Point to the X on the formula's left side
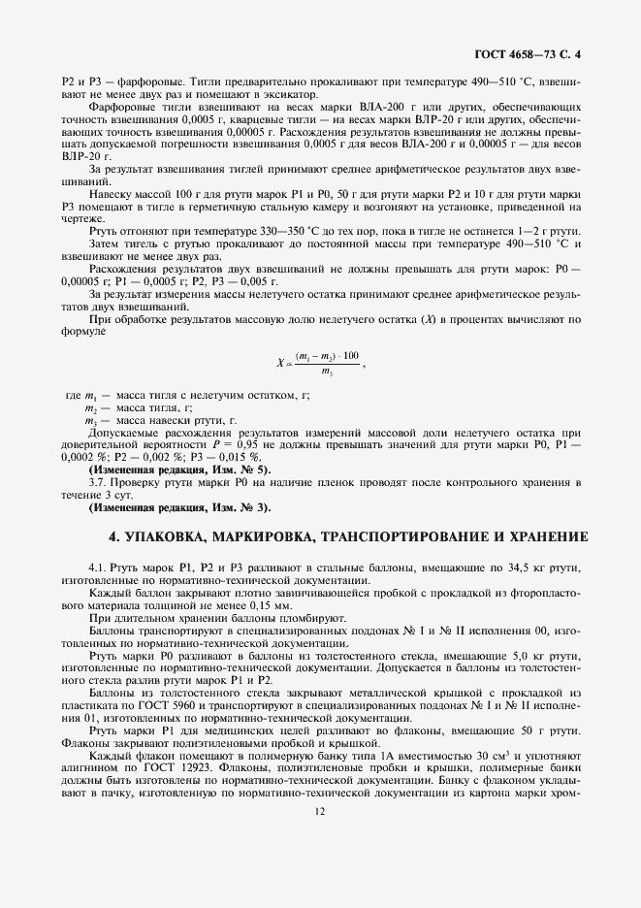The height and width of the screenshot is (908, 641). click(279, 363)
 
